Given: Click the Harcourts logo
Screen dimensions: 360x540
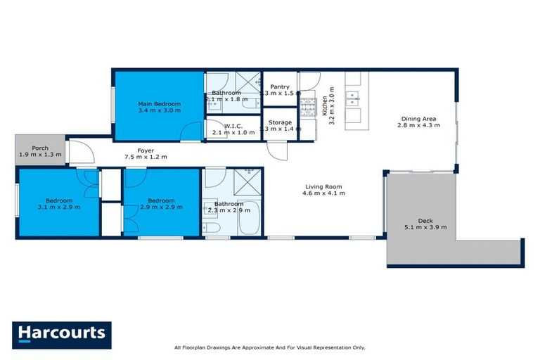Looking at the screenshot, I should [x=61, y=333].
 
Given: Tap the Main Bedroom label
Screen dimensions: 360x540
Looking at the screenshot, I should [x=159, y=104].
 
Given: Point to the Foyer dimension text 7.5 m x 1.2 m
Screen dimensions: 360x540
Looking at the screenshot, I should [x=146, y=157].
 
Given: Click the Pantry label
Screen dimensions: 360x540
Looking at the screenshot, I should [x=280, y=87].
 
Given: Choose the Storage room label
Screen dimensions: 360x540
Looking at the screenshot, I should [x=280, y=122].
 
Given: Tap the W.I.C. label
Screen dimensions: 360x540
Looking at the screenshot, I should [x=233, y=124].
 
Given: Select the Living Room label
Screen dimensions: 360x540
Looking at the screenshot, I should [x=323, y=186].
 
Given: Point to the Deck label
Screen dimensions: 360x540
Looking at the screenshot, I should [x=425, y=219].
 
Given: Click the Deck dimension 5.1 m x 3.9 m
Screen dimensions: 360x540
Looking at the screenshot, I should [x=425, y=226].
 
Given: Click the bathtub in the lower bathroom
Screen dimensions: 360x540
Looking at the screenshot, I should [x=249, y=223].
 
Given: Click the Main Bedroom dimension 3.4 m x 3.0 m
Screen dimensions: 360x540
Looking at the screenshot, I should [x=159, y=110].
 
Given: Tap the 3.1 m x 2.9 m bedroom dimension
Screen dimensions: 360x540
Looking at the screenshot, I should [x=58, y=207].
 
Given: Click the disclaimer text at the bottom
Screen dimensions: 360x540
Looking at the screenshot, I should [x=269, y=347].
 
